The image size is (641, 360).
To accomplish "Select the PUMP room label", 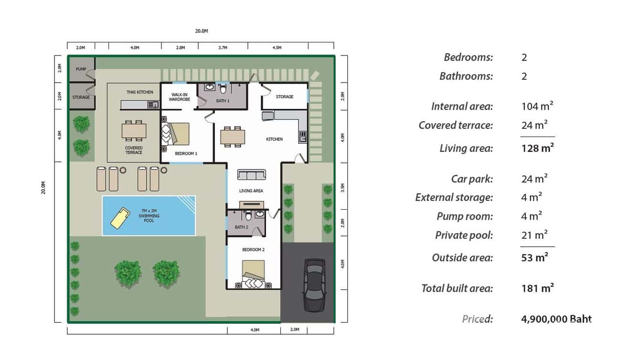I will pyautogui.click(x=81, y=69).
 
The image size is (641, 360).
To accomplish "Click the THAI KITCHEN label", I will pyautogui.click(x=140, y=92).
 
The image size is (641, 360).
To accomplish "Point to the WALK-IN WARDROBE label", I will pyautogui.click(x=179, y=97).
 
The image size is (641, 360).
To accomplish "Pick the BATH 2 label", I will pyautogui.click(x=241, y=227).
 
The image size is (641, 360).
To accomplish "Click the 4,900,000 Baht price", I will pyautogui.click(x=556, y=319).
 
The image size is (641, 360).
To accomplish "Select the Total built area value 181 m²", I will pyautogui.click(x=537, y=288).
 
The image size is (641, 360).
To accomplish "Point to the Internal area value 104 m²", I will pyautogui.click(x=537, y=106).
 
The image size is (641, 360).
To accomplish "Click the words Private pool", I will pyautogui.click(x=464, y=235).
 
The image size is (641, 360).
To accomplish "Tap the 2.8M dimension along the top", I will pyautogui.click(x=180, y=48).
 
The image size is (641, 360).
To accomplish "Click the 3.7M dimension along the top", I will pyautogui.click(x=223, y=48).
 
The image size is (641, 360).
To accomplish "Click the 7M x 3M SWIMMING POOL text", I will pyautogui.click(x=149, y=215).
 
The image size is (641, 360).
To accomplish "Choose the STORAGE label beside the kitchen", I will pyautogui.click(x=285, y=97).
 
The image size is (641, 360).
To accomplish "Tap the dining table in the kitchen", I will pyautogui.click(x=233, y=137).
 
